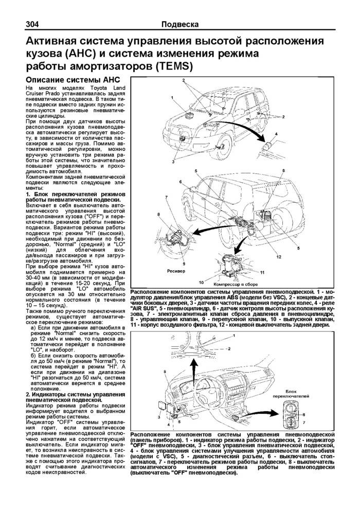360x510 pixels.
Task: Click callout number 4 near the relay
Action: [276, 134]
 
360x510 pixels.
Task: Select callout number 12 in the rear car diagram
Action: [278, 256]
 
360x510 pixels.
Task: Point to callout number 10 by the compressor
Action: [201, 282]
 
